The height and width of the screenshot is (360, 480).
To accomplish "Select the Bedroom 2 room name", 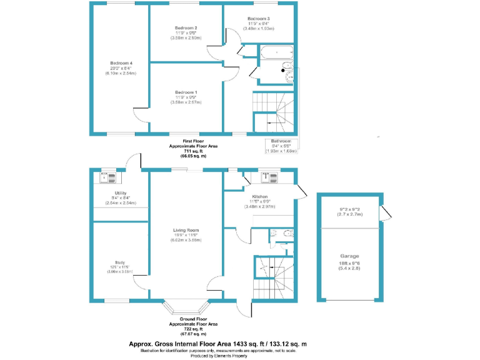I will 186,28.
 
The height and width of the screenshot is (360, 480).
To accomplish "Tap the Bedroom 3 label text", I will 257,19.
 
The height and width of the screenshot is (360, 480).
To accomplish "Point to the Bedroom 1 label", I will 186,92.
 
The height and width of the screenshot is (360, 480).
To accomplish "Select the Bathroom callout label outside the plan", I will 281,141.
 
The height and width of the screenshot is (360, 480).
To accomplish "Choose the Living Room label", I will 186,230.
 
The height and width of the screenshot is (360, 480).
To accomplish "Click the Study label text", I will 119,262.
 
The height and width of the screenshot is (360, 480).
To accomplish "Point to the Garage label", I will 350,256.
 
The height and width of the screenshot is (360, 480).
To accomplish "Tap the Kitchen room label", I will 260,196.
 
